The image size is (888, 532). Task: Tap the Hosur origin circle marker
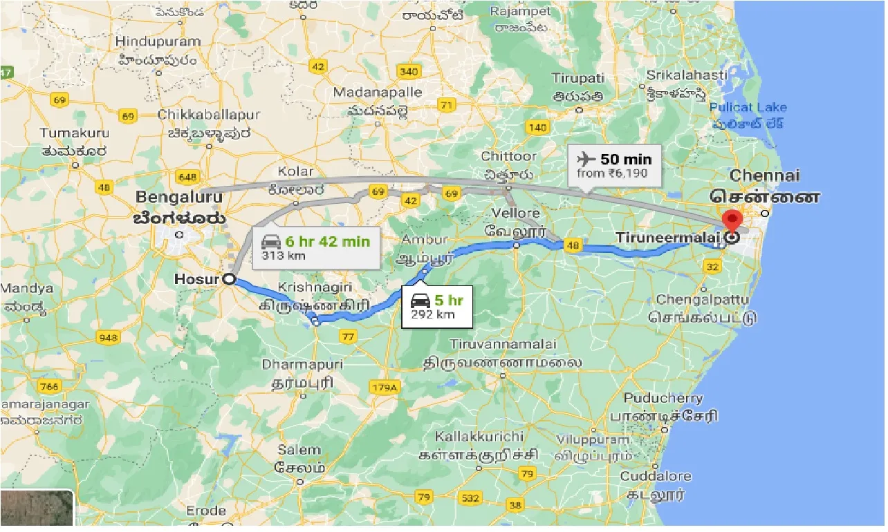228,279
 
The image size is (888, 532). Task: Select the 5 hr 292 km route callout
436,307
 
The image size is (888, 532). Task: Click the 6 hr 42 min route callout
315,247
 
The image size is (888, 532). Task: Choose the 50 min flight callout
614,165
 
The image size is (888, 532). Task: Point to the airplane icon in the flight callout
586,159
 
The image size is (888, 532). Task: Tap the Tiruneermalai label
667,238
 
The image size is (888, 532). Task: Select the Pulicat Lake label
748,107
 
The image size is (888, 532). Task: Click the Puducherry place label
663,399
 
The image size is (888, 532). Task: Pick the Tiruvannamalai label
502,344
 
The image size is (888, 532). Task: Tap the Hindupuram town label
159,41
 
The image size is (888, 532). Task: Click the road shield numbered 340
409,72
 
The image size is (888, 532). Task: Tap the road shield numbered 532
470,497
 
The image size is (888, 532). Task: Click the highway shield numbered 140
537,127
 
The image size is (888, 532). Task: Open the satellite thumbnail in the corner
37,510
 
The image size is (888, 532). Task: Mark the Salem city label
299,450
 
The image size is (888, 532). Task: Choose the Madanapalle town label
378,93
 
